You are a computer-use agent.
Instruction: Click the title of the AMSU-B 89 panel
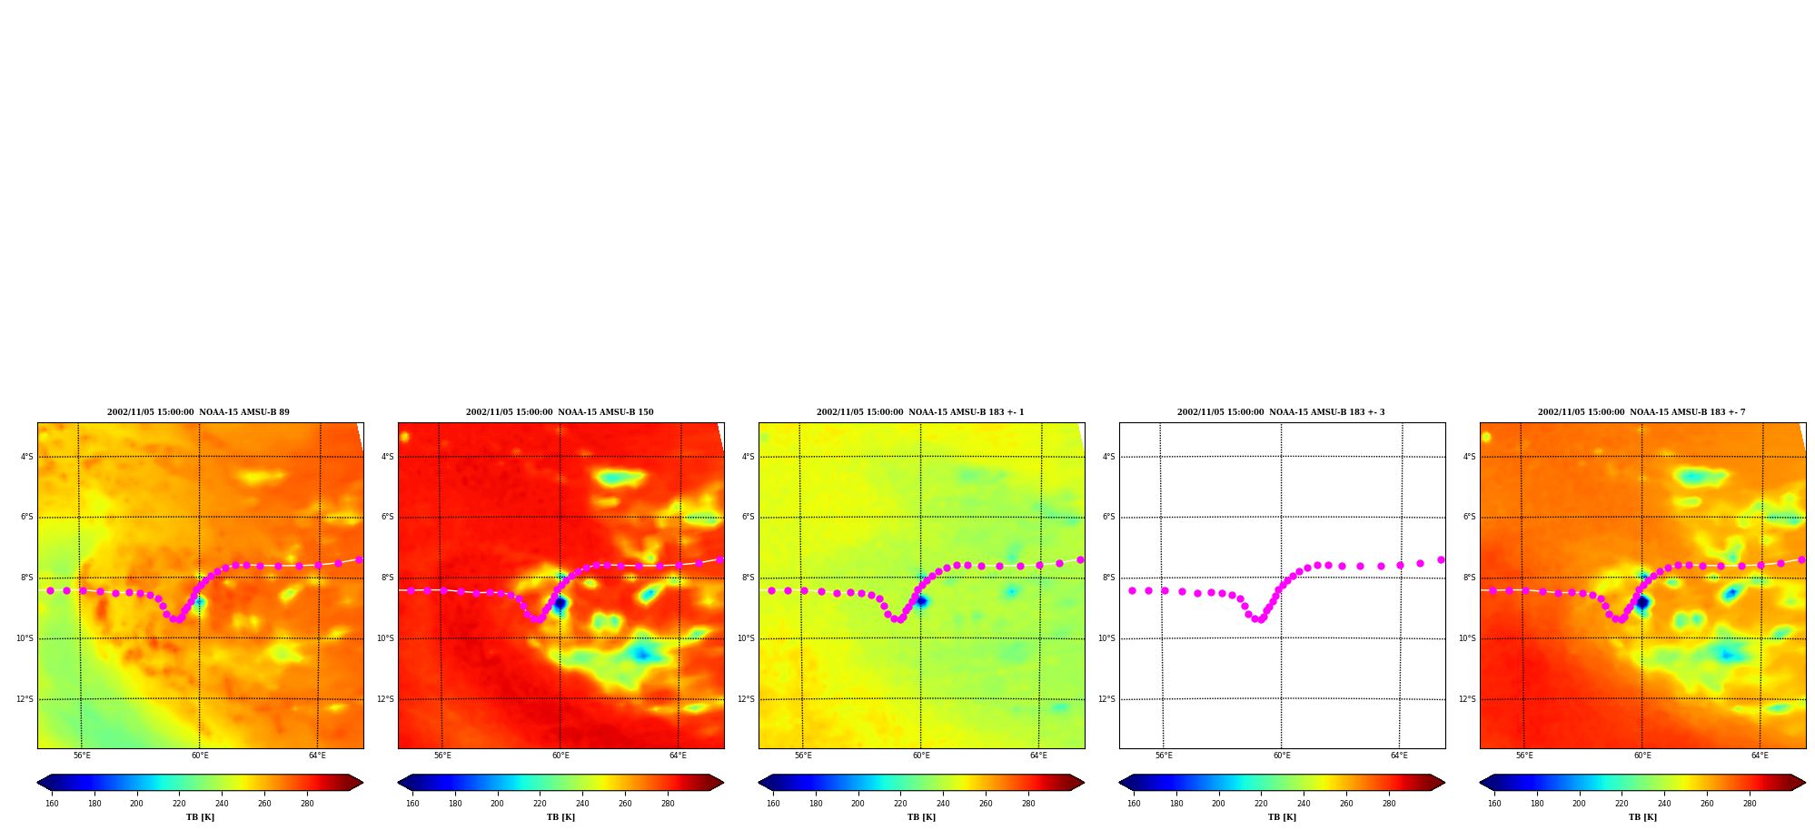point(198,412)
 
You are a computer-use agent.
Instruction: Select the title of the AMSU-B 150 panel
point(560,412)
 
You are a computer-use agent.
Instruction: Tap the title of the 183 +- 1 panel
point(920,412)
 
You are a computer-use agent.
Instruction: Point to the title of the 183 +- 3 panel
point(1281,412)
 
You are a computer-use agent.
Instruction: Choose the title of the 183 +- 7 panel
point(1641,412)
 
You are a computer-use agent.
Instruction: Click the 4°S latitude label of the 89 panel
point(26,457)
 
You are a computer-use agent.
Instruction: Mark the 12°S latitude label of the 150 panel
point(385,699)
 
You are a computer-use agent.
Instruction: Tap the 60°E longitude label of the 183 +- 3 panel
point(1282,756)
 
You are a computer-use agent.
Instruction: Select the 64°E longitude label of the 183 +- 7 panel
point(1760,756)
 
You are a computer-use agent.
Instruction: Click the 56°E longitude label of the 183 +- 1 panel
point(803,756)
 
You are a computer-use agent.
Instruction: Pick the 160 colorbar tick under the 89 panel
point(52,804)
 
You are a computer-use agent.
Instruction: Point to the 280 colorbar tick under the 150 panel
point(668,804)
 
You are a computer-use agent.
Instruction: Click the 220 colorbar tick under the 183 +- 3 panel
point(1261,804)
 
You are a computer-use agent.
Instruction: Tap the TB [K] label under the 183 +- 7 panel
point(1642,817)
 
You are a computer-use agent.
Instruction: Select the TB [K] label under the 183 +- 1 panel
point(921,817)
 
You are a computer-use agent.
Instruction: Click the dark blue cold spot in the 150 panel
point(560,602)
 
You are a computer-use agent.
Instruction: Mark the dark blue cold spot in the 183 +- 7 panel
point(1641,602)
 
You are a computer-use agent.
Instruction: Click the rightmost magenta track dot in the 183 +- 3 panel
point(1441,560)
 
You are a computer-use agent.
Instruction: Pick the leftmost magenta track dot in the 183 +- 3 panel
point(1132,590)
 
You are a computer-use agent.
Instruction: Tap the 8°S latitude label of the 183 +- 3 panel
point(1108,578)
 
